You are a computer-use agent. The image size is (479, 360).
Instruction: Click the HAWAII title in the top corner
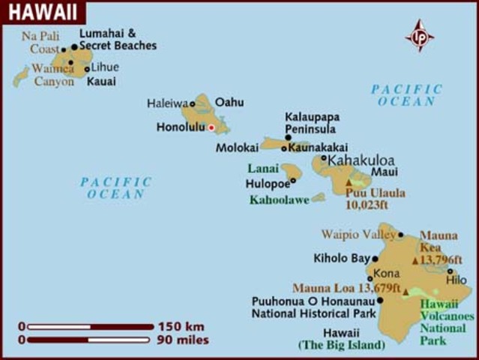pyautogui.click(x=40, y=11)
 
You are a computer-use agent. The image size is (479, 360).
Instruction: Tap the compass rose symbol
pyautogui.click(x=419, y=35)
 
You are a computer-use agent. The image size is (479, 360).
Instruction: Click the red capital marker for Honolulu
pyautogui.click(x=211, y=127)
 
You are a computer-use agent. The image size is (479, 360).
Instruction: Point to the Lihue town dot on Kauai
pyautogui.click(x=87, y=69)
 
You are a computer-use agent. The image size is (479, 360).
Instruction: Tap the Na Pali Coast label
pyautogui.click(x=40, y=42)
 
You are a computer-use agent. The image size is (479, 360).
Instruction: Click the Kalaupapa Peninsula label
pyautogui.click(x=310, y=123)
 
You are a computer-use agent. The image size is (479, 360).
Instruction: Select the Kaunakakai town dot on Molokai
pyautogui.click(x=283, y=148)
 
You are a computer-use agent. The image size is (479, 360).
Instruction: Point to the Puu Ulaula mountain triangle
pyautogui.click(x=349, y=182)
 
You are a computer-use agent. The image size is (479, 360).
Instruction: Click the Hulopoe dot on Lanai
pyautogui.click(x=293, y=180)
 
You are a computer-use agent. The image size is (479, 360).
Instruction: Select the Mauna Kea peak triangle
pyautogui.click(x=415, y=261)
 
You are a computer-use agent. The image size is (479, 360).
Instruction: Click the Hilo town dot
pyautogui.click(x=451, y=271)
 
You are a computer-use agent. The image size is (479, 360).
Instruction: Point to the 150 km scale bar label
pyautogui.click(x=181, y=326)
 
